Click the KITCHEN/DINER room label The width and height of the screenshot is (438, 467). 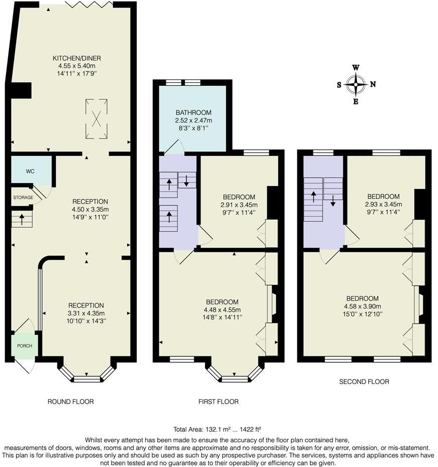(77, 58)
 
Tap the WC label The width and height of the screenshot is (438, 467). (30, 171)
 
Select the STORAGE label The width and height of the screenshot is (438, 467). (23, 198)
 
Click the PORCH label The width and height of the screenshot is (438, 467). (25, 346)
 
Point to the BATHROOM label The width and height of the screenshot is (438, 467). (193, 113)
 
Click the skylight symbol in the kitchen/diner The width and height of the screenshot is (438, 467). (96, 119)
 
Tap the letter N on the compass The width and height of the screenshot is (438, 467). (373, 84)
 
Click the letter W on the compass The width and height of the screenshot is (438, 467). (356, 67)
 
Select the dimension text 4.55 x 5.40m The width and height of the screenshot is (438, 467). (77, 66)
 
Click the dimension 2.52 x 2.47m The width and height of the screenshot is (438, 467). (193, 121)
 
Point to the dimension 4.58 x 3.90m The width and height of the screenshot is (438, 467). (363, 306)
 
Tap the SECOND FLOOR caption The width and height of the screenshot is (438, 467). (364, 382)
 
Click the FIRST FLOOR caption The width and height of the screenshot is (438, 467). (218, 402)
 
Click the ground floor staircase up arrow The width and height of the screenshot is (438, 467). (22, 220)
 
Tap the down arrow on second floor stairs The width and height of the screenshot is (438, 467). (333, 201)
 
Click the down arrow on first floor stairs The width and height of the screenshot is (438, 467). (186, 181)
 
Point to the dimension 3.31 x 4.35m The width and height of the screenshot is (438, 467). (86, 313)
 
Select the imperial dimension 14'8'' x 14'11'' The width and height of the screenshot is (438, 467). (223, 318)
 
